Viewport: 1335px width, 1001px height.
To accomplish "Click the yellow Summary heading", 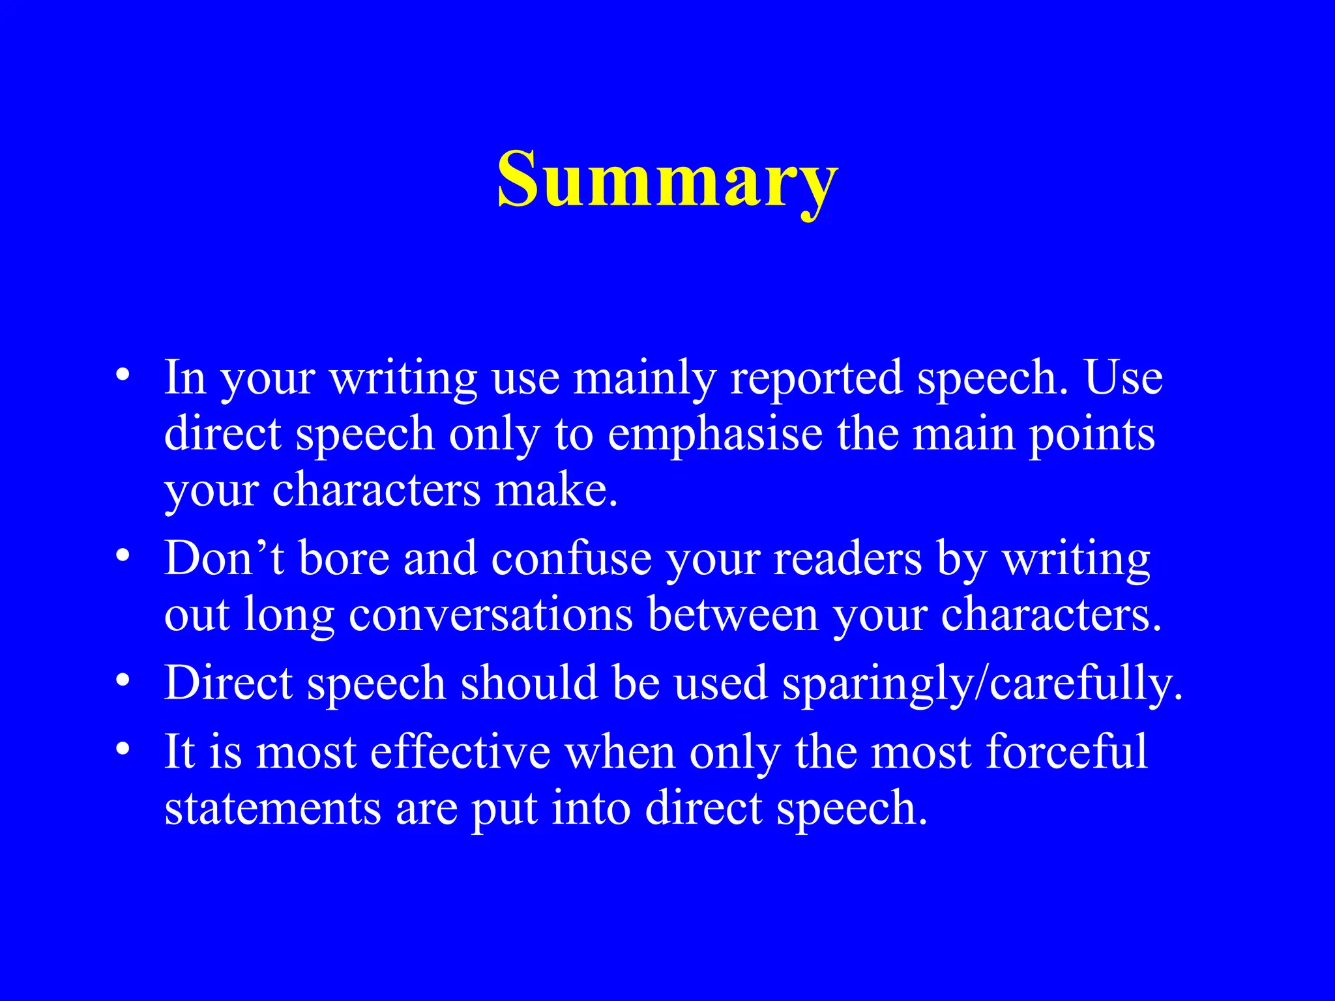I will coord(667,179).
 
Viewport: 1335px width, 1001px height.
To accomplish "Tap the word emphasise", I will coord(715,434).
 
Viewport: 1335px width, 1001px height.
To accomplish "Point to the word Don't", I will coord(224,559).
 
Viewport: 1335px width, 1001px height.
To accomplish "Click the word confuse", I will coord(571,559).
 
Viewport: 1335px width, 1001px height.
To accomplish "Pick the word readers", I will coord(847,559).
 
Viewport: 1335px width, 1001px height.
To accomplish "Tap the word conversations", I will coord(491,615).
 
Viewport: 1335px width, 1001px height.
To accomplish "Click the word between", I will coord(733,615).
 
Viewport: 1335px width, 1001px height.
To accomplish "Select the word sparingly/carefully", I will coord(982,684).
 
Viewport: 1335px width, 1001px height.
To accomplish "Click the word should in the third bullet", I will coord(529,684).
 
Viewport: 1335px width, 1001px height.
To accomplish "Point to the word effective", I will coord(460,751).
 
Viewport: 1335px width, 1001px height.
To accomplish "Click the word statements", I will coord(272,808).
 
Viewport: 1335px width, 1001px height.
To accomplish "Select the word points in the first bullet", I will coord(1092,434).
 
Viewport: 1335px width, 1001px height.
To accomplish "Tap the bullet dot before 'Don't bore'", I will coord(123,557).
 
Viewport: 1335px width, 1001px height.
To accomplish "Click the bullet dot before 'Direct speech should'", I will coord(123,681).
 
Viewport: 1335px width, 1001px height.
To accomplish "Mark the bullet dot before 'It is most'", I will coord(123,749).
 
